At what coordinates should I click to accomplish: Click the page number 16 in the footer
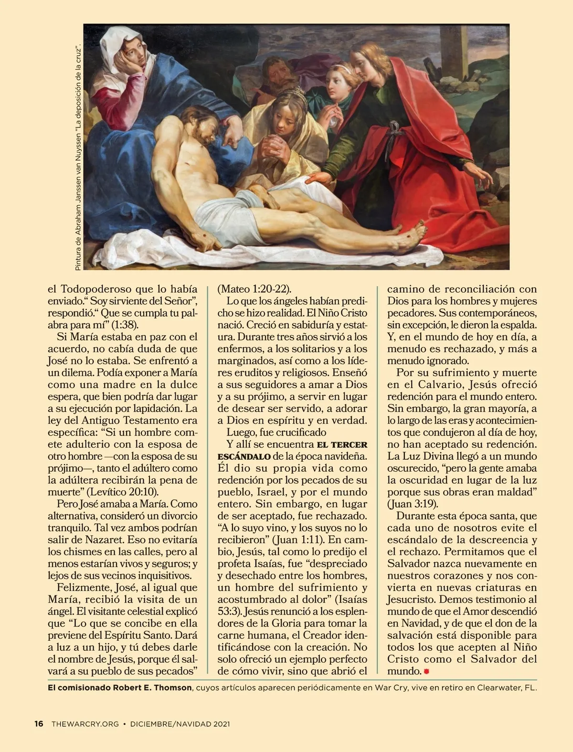pyautogui.click(x=39, y=724)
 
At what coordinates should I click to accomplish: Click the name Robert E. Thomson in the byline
pyautogui.click(x=152, y=688)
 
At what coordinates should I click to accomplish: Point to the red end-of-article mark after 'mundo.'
pyautogui.click(x=426, y=671)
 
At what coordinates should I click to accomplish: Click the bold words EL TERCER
pyautogui.click(x=342, y=445)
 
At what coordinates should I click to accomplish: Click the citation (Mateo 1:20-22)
pyautogui.click(x=254, y=289)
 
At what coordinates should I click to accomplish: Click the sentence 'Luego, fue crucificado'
pyautogui.click(x=276, y=433)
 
